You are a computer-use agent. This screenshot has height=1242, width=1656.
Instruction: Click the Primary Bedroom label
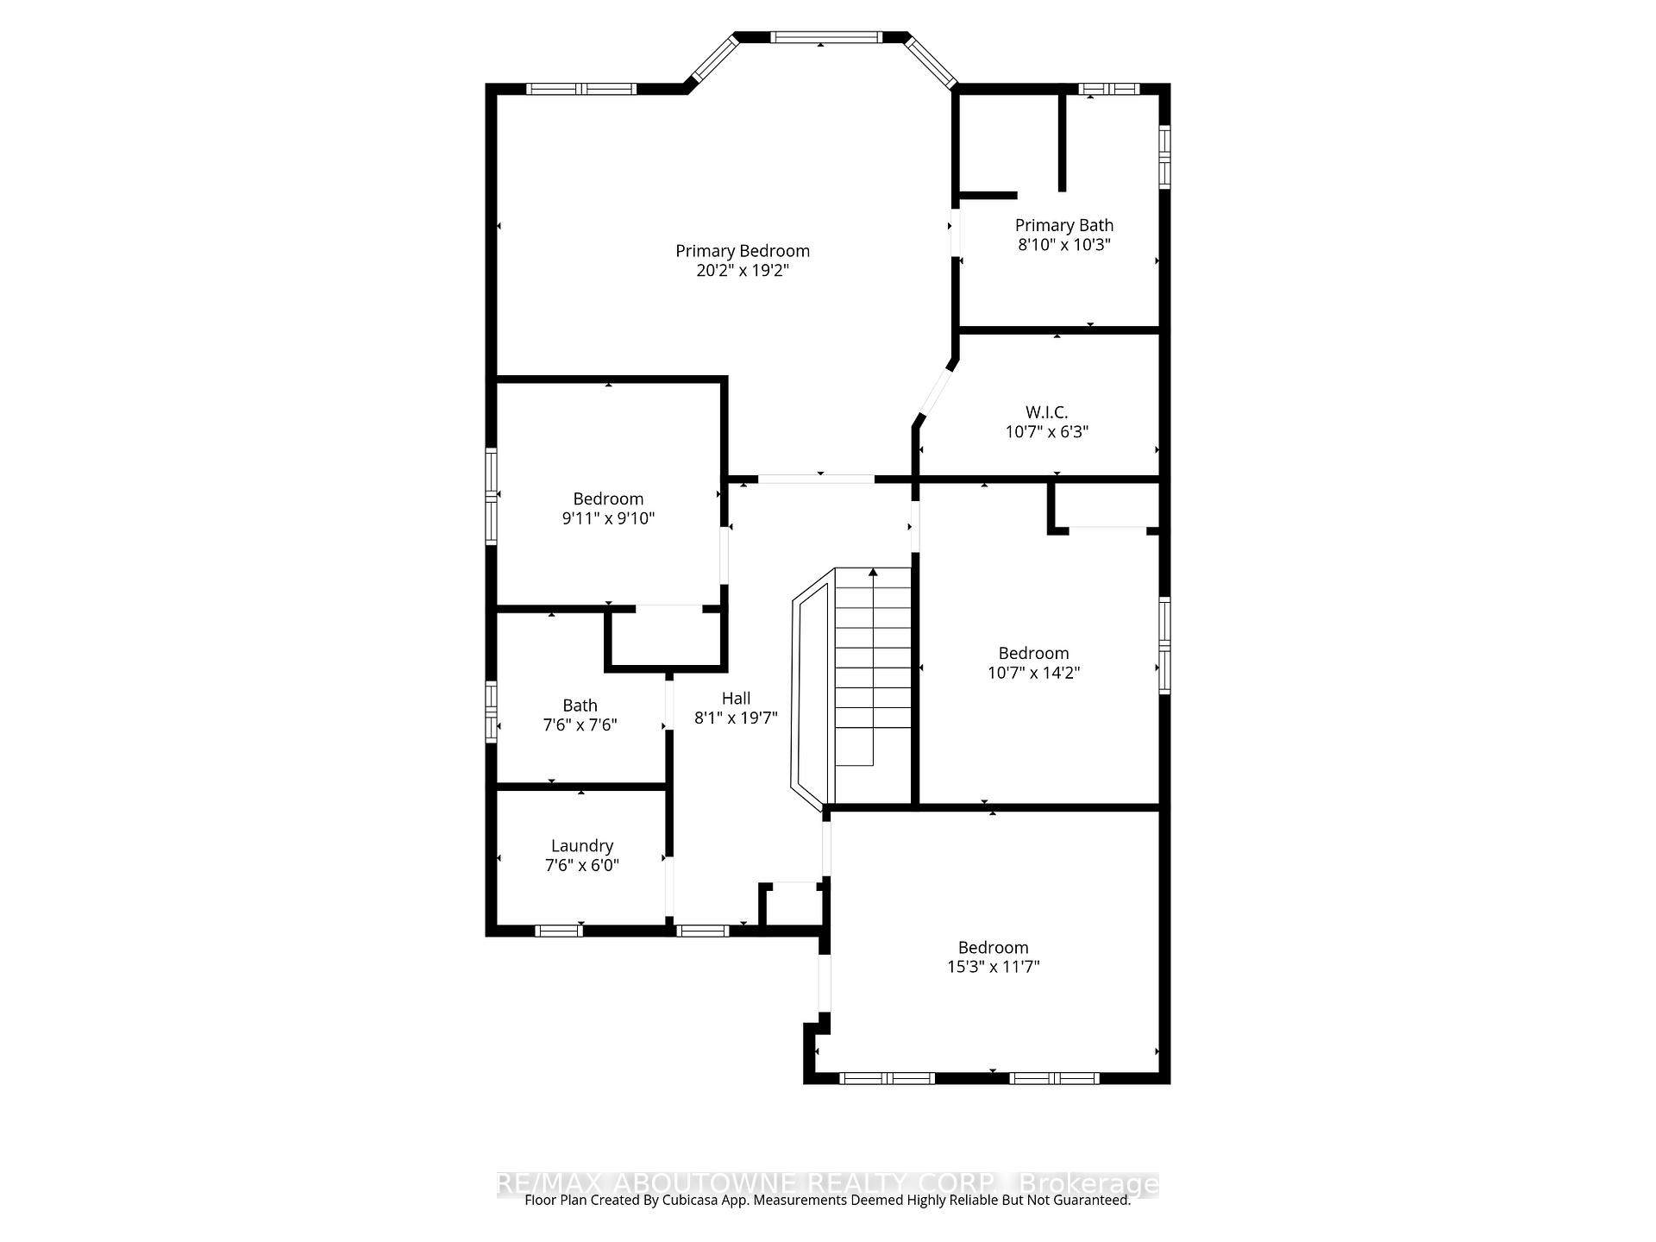[x=742, y=251]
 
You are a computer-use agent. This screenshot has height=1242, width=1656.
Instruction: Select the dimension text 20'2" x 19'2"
[x=742, y=271]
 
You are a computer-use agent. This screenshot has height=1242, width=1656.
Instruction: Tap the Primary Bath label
[x=1063, y=225]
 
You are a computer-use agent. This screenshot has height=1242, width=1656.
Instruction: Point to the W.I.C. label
[x=1046, y=412]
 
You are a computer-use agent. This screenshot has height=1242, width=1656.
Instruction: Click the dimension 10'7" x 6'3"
[x=1046, y=432]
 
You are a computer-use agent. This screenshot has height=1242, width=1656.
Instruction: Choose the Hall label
[x=736, y=699]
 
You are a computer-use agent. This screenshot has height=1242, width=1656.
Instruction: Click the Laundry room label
[x=582, y=846]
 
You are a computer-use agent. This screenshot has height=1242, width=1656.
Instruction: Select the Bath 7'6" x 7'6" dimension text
[x=580, y=725]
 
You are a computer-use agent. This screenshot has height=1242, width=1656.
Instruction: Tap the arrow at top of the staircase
[x=873, y=572]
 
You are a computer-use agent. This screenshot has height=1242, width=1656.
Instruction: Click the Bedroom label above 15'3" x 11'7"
[x=993, y=947]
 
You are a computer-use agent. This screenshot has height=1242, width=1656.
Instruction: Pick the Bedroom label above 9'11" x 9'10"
[x=608, y=499]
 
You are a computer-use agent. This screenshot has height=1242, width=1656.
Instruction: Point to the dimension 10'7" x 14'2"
[x=1033, y=673]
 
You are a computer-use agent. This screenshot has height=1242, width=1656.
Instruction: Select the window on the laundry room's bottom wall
[x=558, y=931]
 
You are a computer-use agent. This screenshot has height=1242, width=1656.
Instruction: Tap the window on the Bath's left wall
[x=491, y=712]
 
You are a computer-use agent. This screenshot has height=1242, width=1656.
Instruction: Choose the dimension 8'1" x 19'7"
[x=736, y=718]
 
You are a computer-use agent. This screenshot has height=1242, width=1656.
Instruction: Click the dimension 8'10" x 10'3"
[x=1063, y=245]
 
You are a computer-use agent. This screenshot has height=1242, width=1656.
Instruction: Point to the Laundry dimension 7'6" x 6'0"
[x=582, y=865]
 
